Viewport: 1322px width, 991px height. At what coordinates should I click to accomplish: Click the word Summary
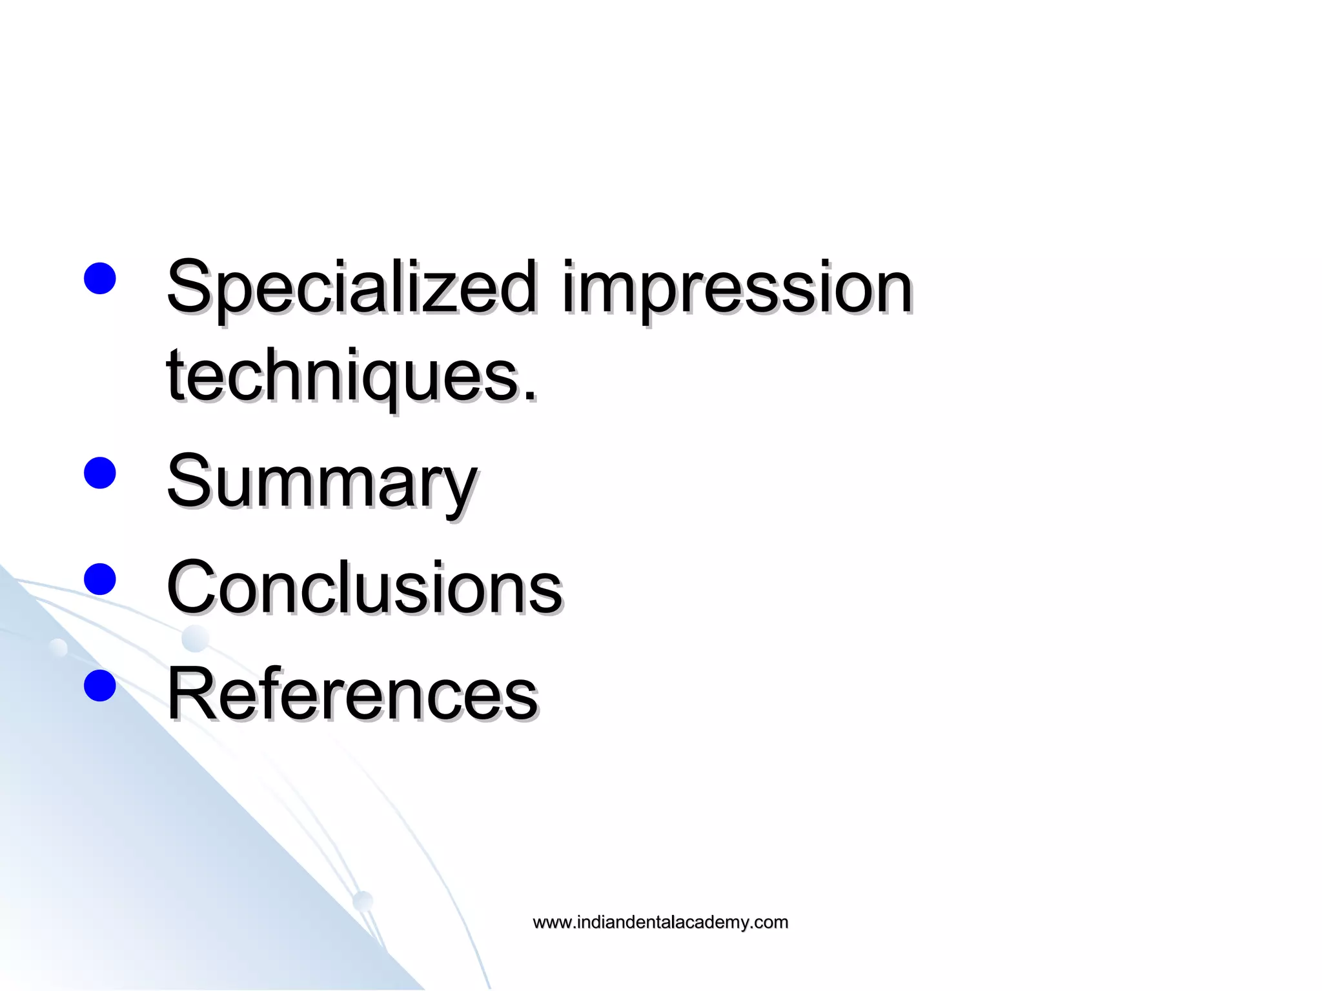tap(321, 482)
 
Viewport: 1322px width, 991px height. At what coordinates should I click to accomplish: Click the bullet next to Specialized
tap(100, 278)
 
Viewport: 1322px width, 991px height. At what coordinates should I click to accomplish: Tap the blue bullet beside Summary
tap(100, 473)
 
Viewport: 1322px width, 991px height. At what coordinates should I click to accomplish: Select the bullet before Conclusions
tap(100, 579)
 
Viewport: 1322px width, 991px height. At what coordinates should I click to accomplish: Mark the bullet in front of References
tap(100, 685)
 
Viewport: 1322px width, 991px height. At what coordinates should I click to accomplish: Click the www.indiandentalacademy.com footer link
tap(660, 922)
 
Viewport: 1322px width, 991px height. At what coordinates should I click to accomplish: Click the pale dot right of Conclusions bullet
tap(195, 639)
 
